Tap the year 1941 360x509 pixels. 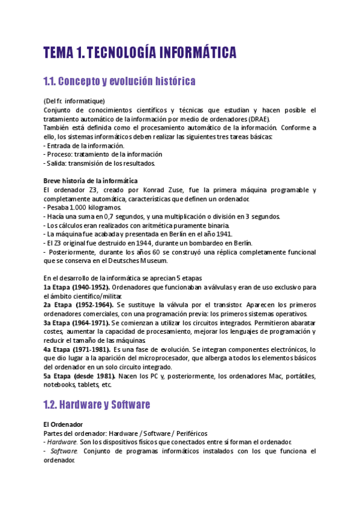tap(220, 234)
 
